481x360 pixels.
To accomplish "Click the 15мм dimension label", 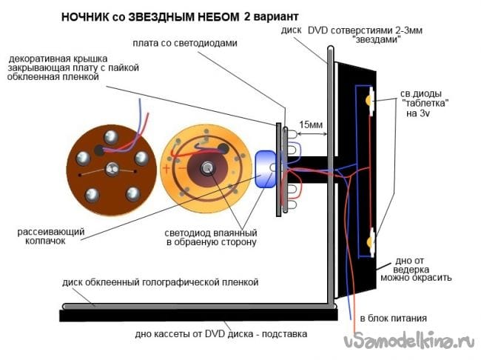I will coord(310,124).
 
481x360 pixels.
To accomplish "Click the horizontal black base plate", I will coord(192,316).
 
